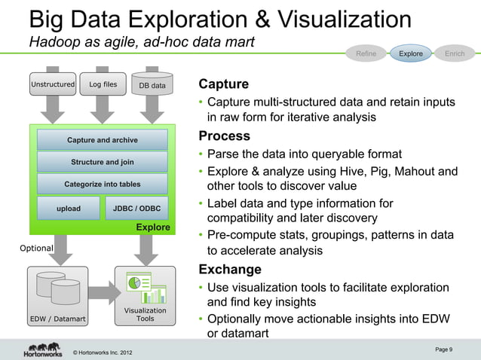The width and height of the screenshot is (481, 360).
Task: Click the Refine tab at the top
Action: coord(366,53)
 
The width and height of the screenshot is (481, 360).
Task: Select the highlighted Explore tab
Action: coord(411,53)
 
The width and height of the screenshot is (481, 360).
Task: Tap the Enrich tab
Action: coord(455,53)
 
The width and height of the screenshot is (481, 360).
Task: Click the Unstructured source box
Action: coord(52,85)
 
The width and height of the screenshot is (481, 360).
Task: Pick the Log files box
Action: coord(103,85)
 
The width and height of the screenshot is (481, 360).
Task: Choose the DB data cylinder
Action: coord(152,86)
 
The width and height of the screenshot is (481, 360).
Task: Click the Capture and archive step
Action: coord(103,140)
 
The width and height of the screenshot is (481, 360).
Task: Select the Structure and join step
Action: coord(103,162)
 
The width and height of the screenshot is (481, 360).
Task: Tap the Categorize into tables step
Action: coord(103,184)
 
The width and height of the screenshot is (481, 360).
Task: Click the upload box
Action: coord(69,208)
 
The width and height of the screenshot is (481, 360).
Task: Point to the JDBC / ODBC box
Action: coord(136,208)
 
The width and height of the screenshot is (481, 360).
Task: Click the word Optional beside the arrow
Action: coord(36,248)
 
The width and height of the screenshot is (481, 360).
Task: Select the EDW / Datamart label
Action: coord(57,319)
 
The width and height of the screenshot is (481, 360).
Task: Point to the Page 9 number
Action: coord(444,349)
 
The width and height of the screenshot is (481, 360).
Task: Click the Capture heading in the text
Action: coord(223,83)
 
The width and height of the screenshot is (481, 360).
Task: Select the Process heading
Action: coord(224,136)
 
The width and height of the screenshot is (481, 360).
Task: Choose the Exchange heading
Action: coord(229,270)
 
